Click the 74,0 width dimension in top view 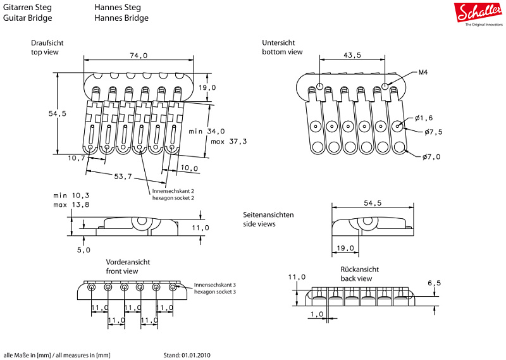point(139,56)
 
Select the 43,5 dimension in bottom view point(352,55)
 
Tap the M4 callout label point(423,72)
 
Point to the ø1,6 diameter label point(424,118)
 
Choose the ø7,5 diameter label point(433,132)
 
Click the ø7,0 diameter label point(431,157)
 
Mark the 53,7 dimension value point(123,177)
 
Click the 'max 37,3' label point(228,142)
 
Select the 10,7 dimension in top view point(77,158)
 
